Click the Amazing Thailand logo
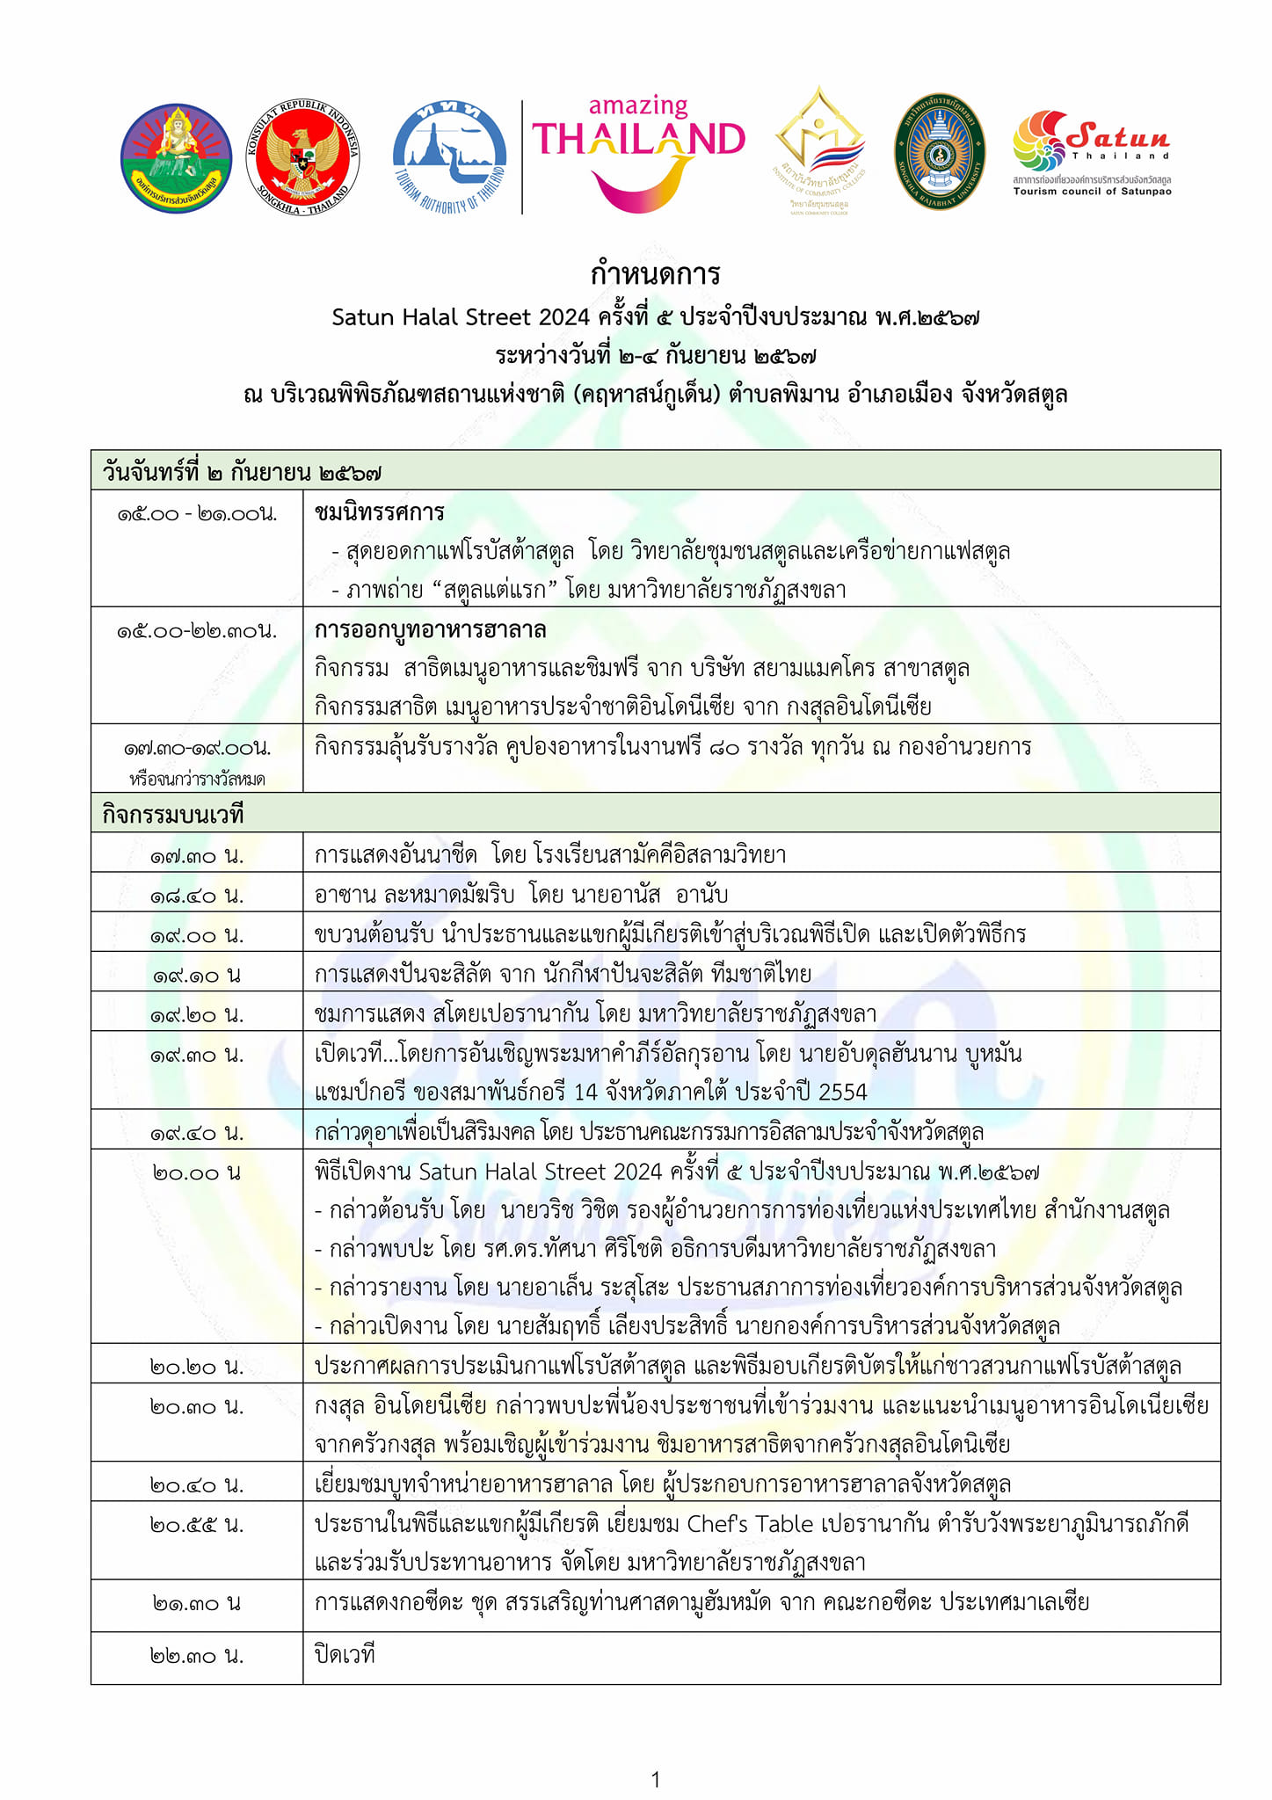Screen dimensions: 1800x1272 click(638, 154)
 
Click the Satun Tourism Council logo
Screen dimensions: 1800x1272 click(1092, 151)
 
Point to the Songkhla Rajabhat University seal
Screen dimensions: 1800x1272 click(940, 151)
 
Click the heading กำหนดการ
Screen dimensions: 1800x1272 click(655, 274)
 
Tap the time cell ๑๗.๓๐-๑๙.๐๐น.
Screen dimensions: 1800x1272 click(197, 748)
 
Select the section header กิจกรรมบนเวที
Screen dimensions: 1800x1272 click(173, 815)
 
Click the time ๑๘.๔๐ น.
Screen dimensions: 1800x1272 click(197, 896)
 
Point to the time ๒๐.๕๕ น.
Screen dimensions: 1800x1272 click(197, 1525)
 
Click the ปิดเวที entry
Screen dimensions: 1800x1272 click(345, 1655)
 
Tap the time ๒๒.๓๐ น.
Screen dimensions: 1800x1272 click(197, 1656)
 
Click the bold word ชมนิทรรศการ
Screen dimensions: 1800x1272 click(380, 512)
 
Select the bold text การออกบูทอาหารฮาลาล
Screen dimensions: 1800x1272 click(431, 629)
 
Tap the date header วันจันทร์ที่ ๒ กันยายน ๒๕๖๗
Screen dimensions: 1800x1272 click(243, 472)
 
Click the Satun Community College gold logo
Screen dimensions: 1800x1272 click(819, 151)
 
